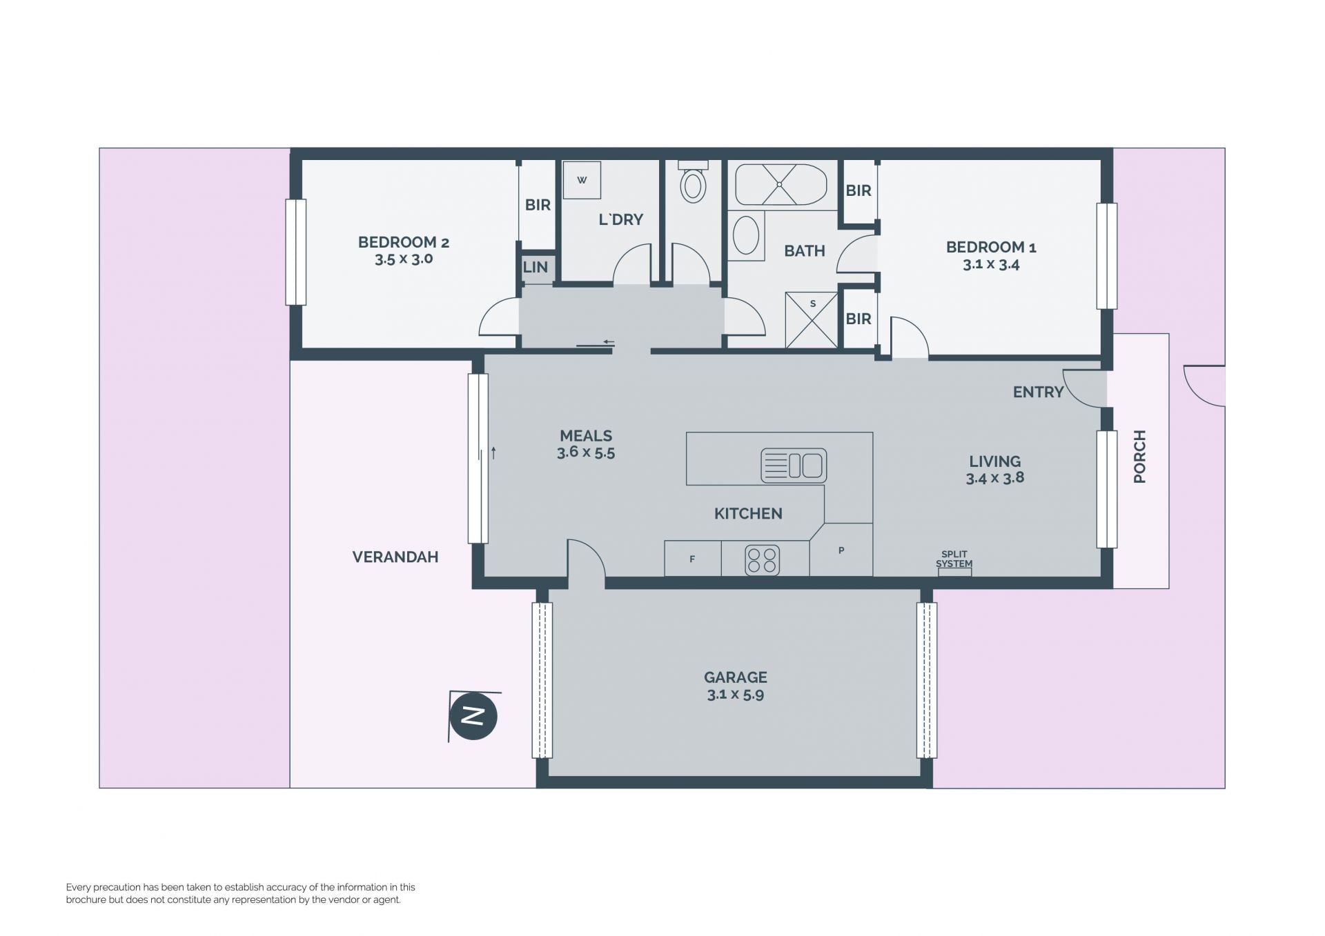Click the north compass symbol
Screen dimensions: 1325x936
click(x=473, y=716)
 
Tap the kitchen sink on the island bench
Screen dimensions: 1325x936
click(x=794, y=466)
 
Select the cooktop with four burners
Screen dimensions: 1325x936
click(x=762, y=559)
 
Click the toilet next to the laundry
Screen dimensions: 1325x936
click(x=693, y=181)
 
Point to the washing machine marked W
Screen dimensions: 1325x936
click(x=582, y=180)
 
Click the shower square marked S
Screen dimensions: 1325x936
click(x=812, y=320)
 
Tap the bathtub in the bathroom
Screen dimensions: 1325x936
click(x=781, y=184)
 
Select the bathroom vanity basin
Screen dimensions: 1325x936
click(x=746, y=236)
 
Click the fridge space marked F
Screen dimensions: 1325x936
click(x=692, y=559)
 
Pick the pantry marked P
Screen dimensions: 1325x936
click(x=841, y=550)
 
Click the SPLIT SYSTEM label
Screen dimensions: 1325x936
click(x=954, y=559)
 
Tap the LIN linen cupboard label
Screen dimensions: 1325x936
click(x=536, y=267)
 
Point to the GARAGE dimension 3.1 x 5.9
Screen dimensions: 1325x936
click(x=735, y=695)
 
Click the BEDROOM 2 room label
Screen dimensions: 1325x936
click(x=404, y=242)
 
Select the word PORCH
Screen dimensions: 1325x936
click(x=1139, y=457)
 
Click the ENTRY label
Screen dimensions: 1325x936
click(x=1038, y=392)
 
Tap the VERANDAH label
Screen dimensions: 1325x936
click(x=395, y=557)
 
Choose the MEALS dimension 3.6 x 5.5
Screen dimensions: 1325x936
click(x=586, y=452)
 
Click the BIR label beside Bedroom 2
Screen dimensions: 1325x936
click(x=538, y=205)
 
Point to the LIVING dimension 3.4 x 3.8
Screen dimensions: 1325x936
click(x=994, y=478)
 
